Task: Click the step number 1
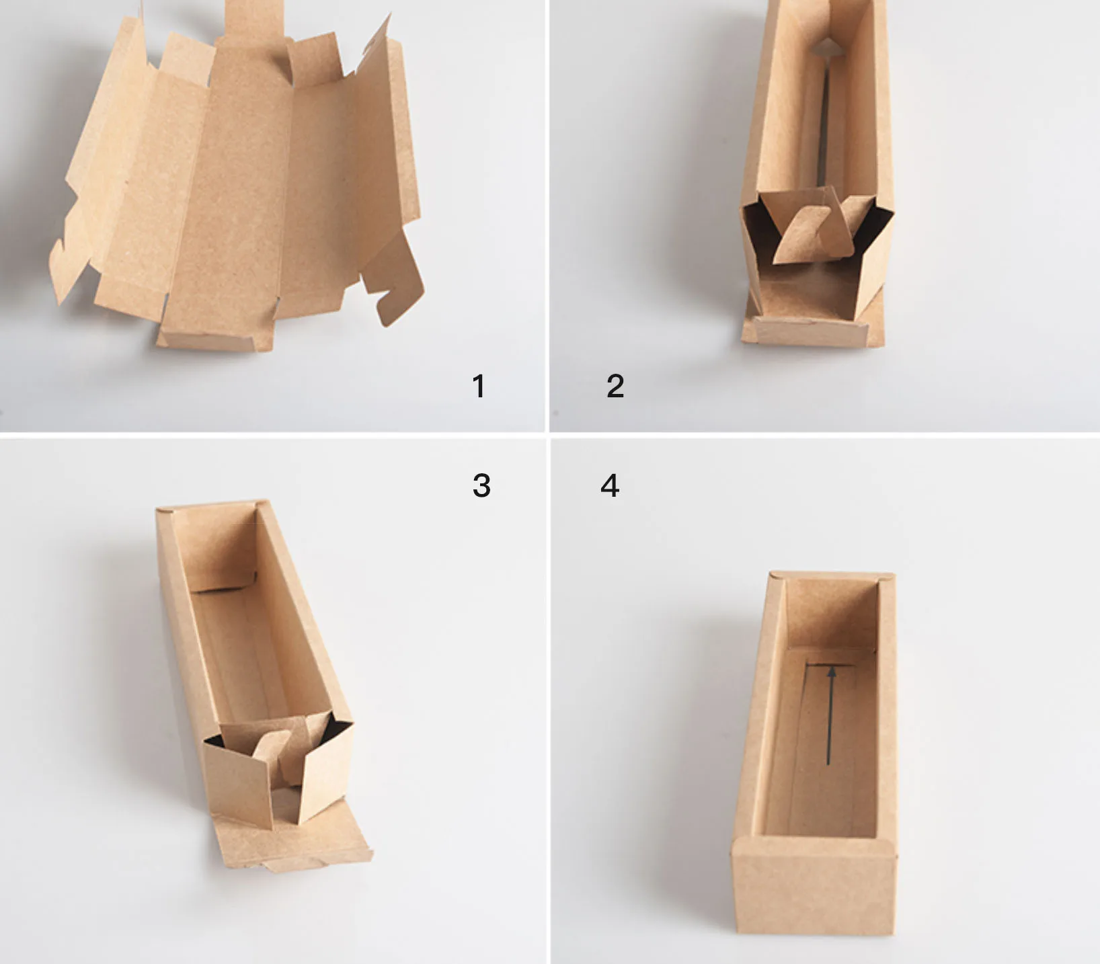point(478,386)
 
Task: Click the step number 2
point(615,386)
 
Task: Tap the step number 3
point(481,485)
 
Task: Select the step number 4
point(610,485)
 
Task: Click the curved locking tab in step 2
point(805,235)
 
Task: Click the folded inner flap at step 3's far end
point(215,548)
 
